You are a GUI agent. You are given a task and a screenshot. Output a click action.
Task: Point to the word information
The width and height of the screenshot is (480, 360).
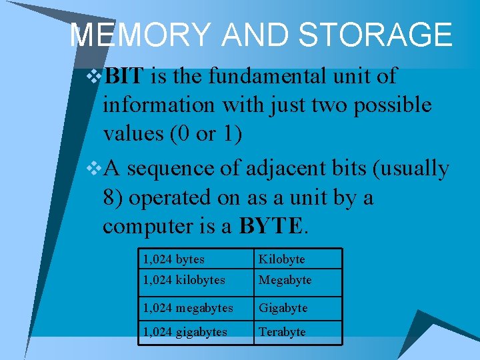click(x=159, y=105)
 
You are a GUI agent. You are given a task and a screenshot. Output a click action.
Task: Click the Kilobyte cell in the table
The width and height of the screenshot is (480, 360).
click(x=281, y=259)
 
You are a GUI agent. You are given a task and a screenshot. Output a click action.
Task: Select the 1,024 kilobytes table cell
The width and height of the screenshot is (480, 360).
click(x=183, y=280)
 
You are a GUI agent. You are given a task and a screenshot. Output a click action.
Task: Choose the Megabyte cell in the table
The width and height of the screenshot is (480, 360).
click(x=285, y=280)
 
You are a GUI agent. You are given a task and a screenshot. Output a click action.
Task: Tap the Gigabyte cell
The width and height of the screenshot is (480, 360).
click(x=283, y=308)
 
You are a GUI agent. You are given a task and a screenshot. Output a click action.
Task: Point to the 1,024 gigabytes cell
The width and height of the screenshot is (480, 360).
click(x=185, y=332)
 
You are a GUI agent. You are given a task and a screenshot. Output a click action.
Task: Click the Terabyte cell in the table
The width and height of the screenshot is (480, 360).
click(x=282, y=332)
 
